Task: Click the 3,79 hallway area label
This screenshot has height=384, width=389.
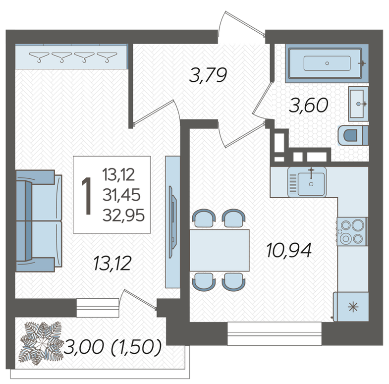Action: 208,75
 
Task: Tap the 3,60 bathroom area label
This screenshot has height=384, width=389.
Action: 309,105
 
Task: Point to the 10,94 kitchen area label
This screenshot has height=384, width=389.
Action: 289,250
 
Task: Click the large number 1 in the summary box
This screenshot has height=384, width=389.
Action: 87,195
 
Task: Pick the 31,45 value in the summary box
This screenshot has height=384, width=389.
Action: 121,195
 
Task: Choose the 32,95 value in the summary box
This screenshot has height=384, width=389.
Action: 123,215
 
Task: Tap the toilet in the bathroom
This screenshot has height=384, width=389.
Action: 353,135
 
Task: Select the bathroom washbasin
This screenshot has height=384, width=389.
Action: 358,104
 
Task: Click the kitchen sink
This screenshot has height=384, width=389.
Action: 307,182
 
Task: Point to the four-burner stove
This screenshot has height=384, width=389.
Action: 352,232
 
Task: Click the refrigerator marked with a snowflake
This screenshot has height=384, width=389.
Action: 351,307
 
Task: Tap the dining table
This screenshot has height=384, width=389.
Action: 219,250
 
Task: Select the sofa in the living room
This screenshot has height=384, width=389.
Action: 39,221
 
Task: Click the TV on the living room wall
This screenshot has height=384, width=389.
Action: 173,222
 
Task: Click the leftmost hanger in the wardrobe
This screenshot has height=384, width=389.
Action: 39,57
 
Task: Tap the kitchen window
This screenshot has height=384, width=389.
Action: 275,334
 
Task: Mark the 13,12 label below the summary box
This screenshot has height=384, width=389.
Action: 112,264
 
